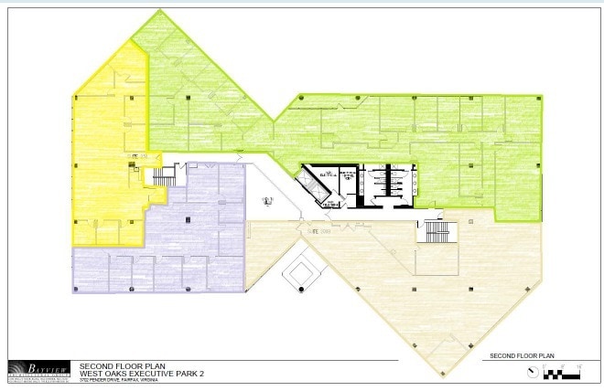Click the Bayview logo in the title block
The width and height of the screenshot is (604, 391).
(x=36, y=368)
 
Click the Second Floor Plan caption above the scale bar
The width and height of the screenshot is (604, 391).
(x=523, y=354)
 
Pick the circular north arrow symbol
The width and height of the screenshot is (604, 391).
(x=530, y=371)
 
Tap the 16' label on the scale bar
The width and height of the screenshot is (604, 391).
(x=580, y=365)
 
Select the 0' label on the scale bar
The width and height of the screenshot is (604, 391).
(x=545, y=365)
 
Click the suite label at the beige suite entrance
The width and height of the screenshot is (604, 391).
(x=316, y=233)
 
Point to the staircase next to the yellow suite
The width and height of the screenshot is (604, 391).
(x=163, y=175)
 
